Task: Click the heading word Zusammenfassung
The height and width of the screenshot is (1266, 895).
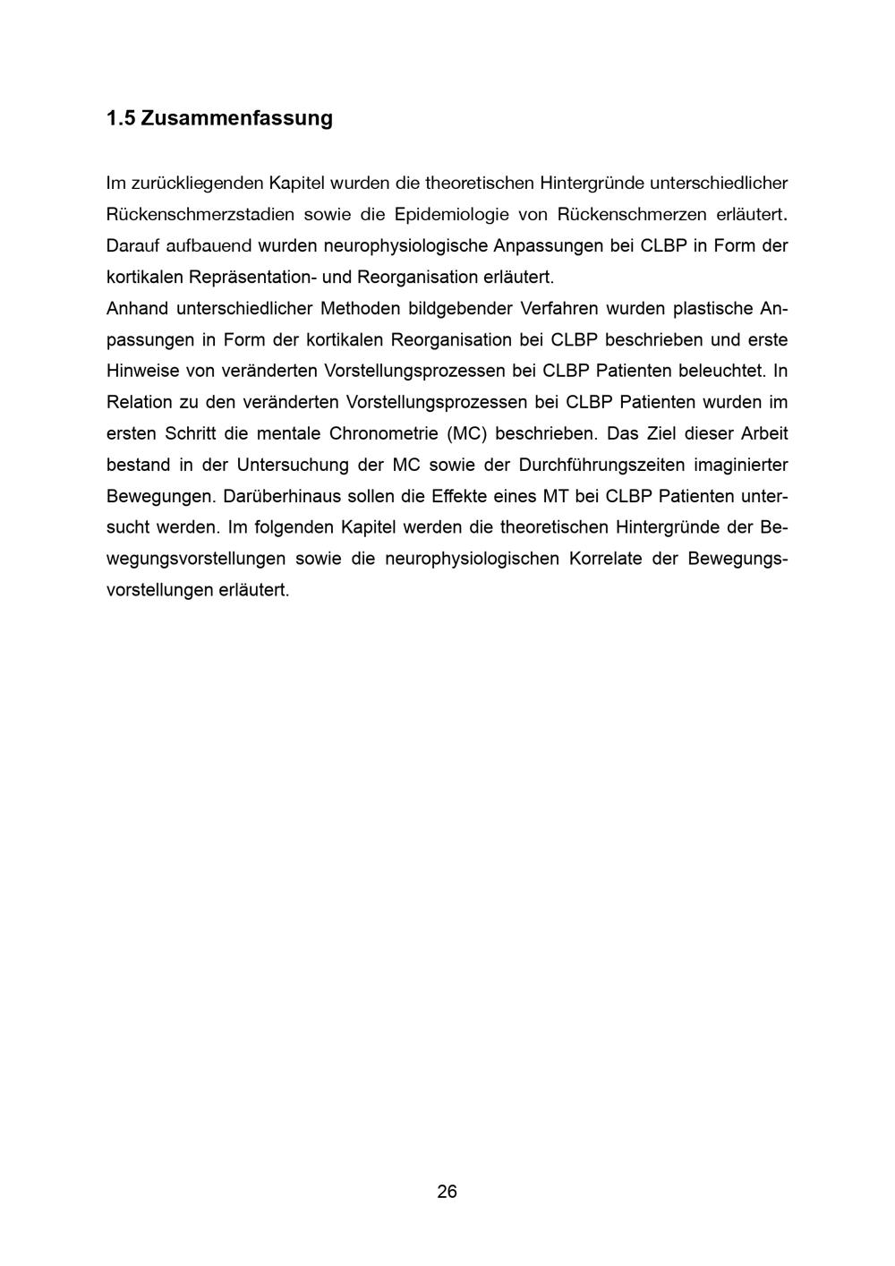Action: [236, 118]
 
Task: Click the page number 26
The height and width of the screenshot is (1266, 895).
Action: [447, 1192]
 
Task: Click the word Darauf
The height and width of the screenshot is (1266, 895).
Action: [132, 245]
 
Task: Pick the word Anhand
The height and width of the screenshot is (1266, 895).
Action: [136, 309]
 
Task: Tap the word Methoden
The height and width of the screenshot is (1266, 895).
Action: [360, 309]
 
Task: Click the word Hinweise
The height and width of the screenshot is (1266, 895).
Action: [141, 371]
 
